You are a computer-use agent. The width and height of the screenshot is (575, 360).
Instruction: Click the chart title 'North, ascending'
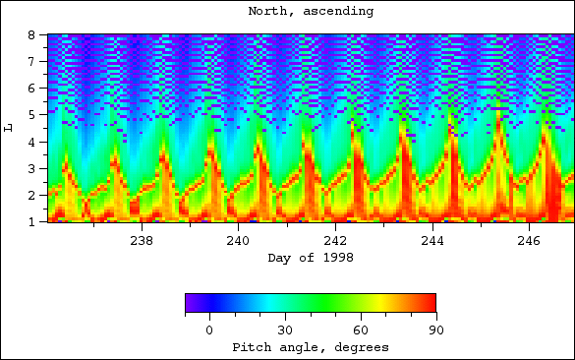[311, 12]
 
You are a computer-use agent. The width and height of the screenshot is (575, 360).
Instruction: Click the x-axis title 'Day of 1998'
[311, 258]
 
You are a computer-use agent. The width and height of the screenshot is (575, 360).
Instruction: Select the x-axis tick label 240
[238, 240]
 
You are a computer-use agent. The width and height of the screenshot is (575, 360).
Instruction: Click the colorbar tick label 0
[209, 330]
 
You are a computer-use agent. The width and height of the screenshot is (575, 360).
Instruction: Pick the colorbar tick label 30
[285, 330]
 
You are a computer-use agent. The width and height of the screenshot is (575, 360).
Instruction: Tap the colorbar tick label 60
[360, 330]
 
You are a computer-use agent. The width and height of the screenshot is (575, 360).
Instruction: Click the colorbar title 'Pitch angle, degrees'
[311, 347]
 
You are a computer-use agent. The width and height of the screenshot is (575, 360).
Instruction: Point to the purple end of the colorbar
[190, 303]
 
